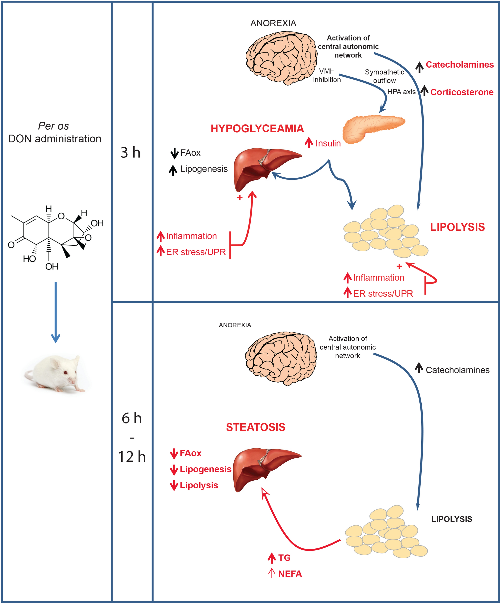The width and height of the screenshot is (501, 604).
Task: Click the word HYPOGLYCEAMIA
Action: [257, 129]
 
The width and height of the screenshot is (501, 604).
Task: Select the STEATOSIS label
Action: [255, 427]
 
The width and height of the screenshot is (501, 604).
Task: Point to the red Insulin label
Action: [328, 143]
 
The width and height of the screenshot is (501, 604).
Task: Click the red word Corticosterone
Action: [461, 92]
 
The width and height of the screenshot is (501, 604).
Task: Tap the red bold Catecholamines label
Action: [459, 64]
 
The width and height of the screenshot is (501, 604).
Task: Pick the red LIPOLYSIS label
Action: [457, 227]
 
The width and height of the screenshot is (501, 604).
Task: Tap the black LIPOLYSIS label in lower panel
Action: [452, 519]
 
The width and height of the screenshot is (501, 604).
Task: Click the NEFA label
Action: [290, 574]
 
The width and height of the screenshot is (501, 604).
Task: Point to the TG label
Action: [284, 558]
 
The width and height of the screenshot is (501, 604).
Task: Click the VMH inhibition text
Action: [327, 75]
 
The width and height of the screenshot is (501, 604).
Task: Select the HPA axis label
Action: [401, 92]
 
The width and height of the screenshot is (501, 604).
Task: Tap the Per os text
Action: [53, 126]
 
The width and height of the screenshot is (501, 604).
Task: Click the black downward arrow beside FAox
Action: [174, 153]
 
